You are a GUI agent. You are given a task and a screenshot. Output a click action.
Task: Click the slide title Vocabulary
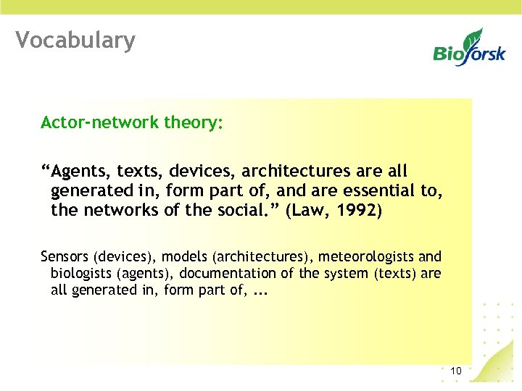pyautogui.click(x=75, y=40)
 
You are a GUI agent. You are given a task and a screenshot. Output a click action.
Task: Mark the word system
pyautogui.click(x=345, y=274)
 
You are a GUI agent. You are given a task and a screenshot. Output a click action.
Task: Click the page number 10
pyautogui.click(x=456, y=371)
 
